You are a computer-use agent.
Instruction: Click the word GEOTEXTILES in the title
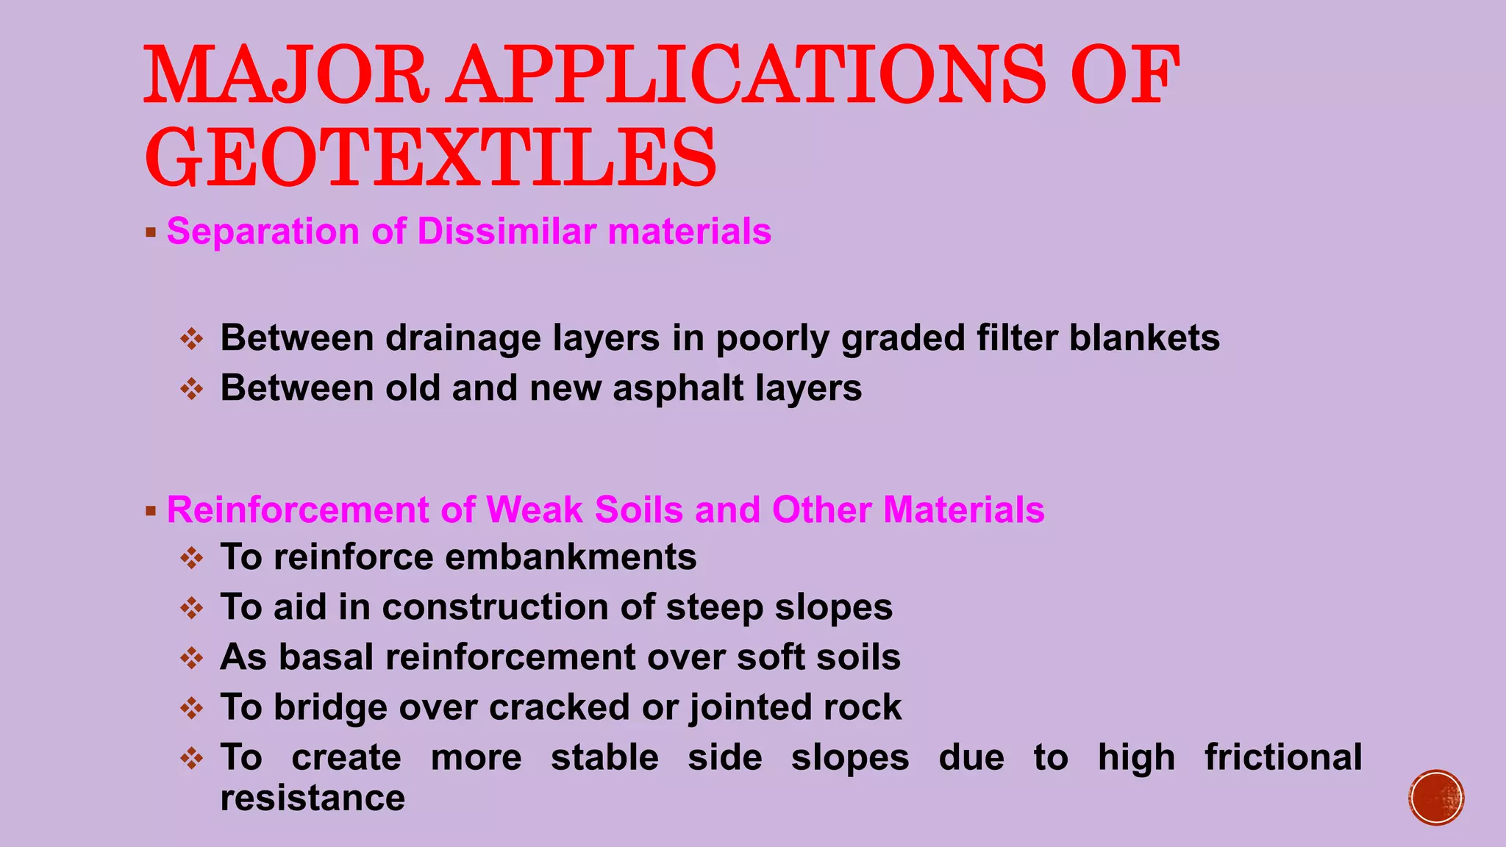[430, 157]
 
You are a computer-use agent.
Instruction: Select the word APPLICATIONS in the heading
[748, 75]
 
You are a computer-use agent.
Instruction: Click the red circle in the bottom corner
[1436, 798]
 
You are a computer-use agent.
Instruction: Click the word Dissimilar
[507, 232]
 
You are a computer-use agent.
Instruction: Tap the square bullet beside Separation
[151, 233]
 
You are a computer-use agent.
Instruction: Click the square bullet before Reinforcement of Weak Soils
[151, 511]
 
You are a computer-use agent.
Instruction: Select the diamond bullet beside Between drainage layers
[192, 339]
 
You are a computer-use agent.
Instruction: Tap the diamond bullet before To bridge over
[192, 708]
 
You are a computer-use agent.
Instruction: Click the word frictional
[1283, 757]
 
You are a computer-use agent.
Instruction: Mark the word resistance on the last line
[313, 798]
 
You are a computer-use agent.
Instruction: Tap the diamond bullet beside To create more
[192, 758]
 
